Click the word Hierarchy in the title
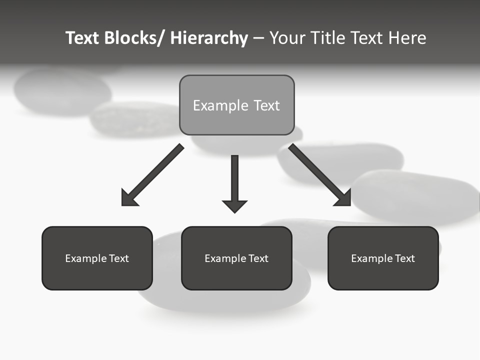click(x=209, y=38)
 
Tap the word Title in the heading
click(x=330, y=38)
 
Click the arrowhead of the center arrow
click(x=234, y=205)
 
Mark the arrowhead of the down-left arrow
click(x=128, y=199)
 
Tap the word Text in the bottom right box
click(x=404, y=258)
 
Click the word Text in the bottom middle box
click(x=258, y=258)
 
